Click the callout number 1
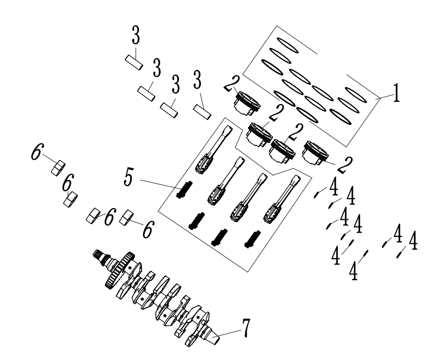point(394,95)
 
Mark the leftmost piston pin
point(133,62)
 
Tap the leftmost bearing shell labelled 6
point(58,167)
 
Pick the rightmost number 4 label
point(413,241)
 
